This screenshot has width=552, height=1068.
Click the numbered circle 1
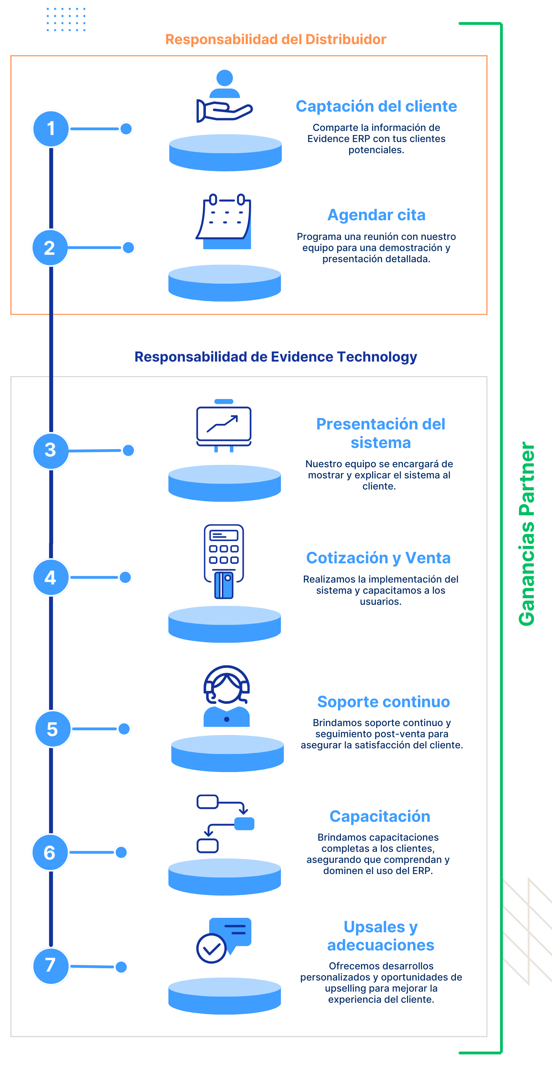[x=50, y=129]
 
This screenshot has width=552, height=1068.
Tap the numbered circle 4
[x=50, y=577]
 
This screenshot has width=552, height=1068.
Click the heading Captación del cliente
[x=376, y=106]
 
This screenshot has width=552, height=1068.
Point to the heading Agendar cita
[x=376, y=215]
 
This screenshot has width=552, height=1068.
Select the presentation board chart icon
[x=224, y=425]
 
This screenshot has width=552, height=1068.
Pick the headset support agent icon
[x=226, y=696]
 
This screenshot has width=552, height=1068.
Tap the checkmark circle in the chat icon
[x=211, y=949]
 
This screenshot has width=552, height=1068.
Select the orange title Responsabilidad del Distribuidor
[x=275, y=39]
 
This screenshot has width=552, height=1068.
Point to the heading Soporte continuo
[x=383, y=702]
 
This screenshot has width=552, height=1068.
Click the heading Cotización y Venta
[x=378, y=558]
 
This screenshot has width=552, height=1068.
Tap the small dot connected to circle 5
[x=124, y=729]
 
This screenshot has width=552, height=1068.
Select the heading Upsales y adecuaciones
[x=380, y=936]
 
